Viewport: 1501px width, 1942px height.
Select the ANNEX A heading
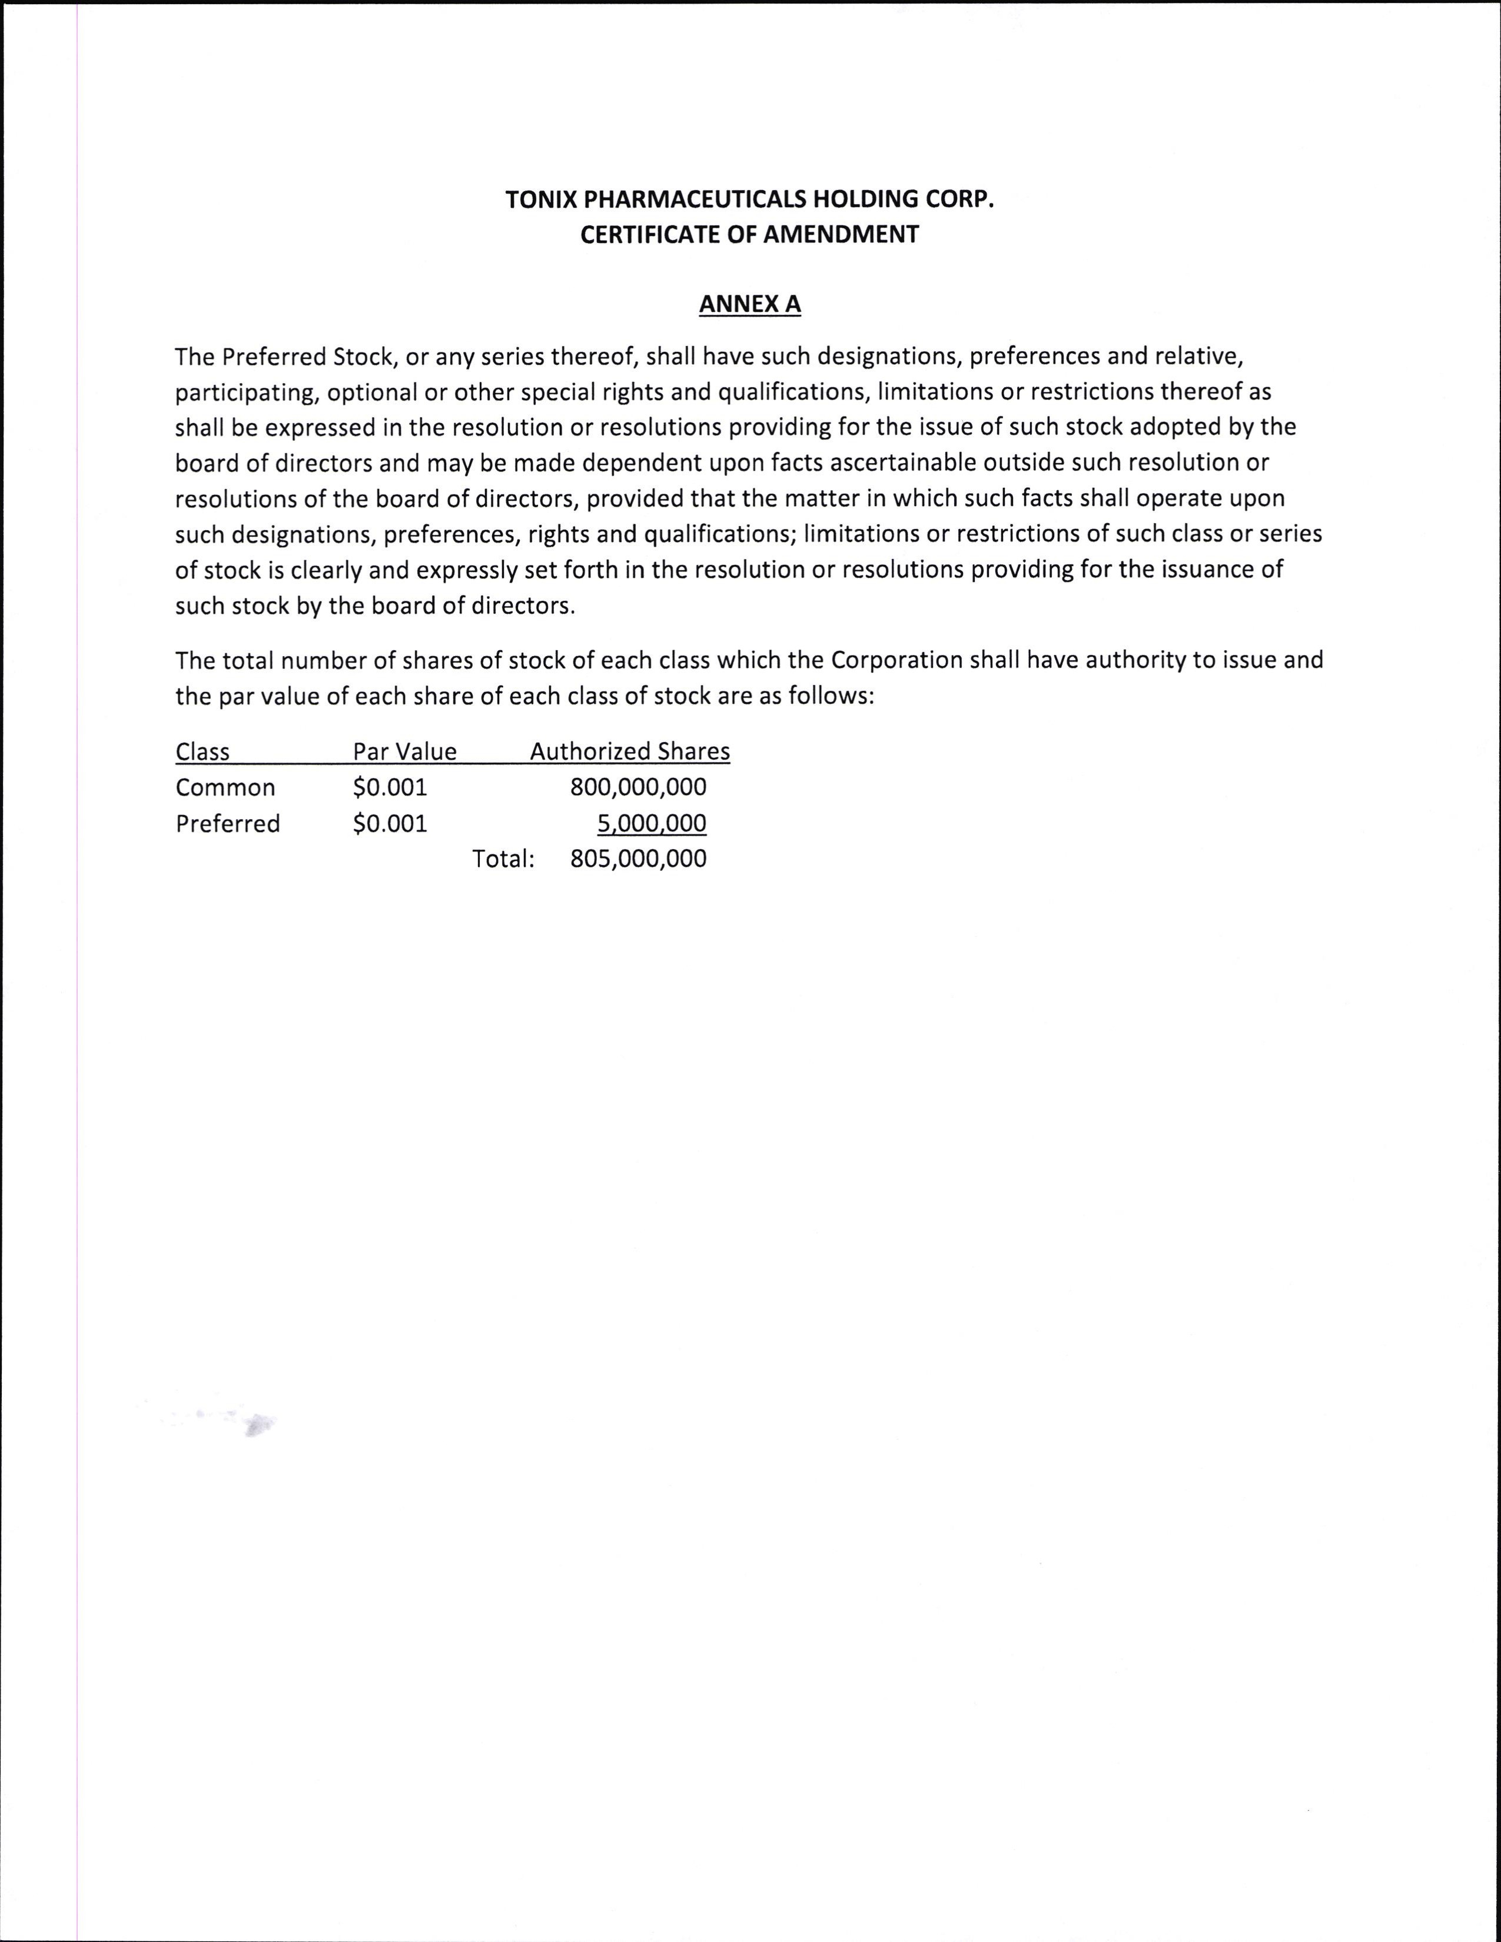click(x=749, y=304)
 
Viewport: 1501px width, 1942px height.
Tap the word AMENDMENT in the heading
click(x=841, y=235)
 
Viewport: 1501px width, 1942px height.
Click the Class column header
click(x=202, y=752)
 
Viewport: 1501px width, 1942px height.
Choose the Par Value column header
click(x=404, y=752)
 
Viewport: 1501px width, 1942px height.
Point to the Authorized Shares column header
click(x=630, y=752)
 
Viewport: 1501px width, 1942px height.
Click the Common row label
click(x=225, y=788)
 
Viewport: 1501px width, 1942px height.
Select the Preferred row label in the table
click(x=228, y=823)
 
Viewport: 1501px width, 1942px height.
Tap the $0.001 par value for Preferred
click(x=390, y=823)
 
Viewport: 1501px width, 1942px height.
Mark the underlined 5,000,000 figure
click(x=652, y=823)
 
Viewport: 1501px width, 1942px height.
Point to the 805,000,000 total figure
click(x=639, y=859)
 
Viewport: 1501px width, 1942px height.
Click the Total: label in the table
click(x=503, y=859)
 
